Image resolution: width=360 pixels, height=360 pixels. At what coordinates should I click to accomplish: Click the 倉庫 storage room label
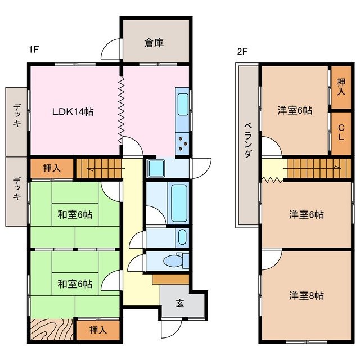click(154, 43)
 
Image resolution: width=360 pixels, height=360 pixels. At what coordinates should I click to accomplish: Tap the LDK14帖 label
click(73, 112)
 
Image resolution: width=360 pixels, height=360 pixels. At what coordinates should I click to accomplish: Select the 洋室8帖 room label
click(307, 295)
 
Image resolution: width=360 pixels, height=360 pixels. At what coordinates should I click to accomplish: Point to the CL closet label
click(341, 134)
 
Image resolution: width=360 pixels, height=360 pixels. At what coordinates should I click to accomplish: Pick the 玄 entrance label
click(179, 304)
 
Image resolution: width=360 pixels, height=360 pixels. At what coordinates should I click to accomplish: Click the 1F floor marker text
click(33, 49)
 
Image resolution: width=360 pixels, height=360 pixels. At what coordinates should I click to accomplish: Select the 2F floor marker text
click(242, 51)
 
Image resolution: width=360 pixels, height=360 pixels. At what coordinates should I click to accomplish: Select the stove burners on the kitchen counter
click(183, 143)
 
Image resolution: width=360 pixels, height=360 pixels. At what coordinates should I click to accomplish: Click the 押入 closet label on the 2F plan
click(341, 87)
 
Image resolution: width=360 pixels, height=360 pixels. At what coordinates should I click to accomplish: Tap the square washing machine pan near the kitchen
click(156, 167)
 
